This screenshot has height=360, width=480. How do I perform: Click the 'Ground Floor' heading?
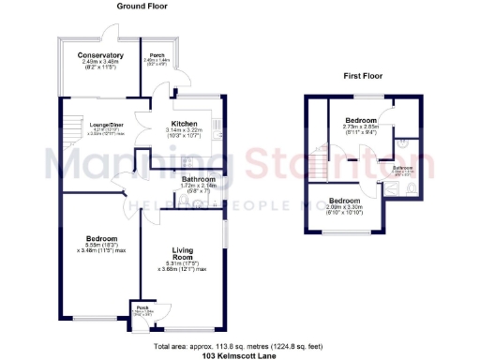click(x=142, y=6)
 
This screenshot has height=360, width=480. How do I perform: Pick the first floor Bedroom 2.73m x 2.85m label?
click(x=360, y=122)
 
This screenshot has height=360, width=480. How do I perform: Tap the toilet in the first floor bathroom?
click(x=413, y=187)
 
